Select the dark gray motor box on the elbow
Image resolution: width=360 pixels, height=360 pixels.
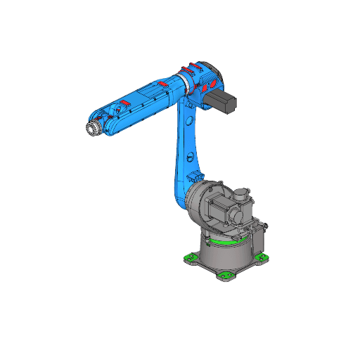[x=224, y=102]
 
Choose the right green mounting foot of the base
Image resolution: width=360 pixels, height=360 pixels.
[x=263, y=258]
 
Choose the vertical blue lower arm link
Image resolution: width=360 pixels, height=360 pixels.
[x=184, y=151]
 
